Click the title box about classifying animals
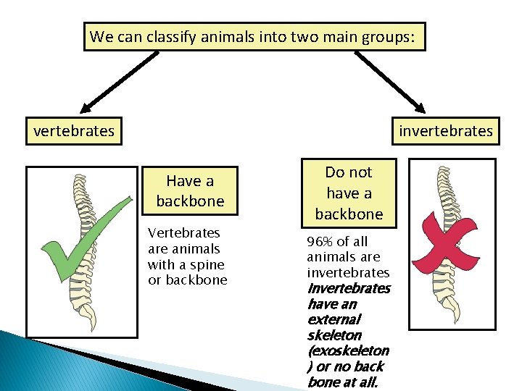254,36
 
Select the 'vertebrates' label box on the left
74,131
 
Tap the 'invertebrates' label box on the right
445,131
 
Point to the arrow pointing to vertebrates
120,80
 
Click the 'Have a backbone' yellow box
190,191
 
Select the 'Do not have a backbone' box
349,193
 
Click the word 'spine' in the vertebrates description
207,264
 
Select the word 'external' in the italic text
333,319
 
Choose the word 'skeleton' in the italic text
334,335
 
